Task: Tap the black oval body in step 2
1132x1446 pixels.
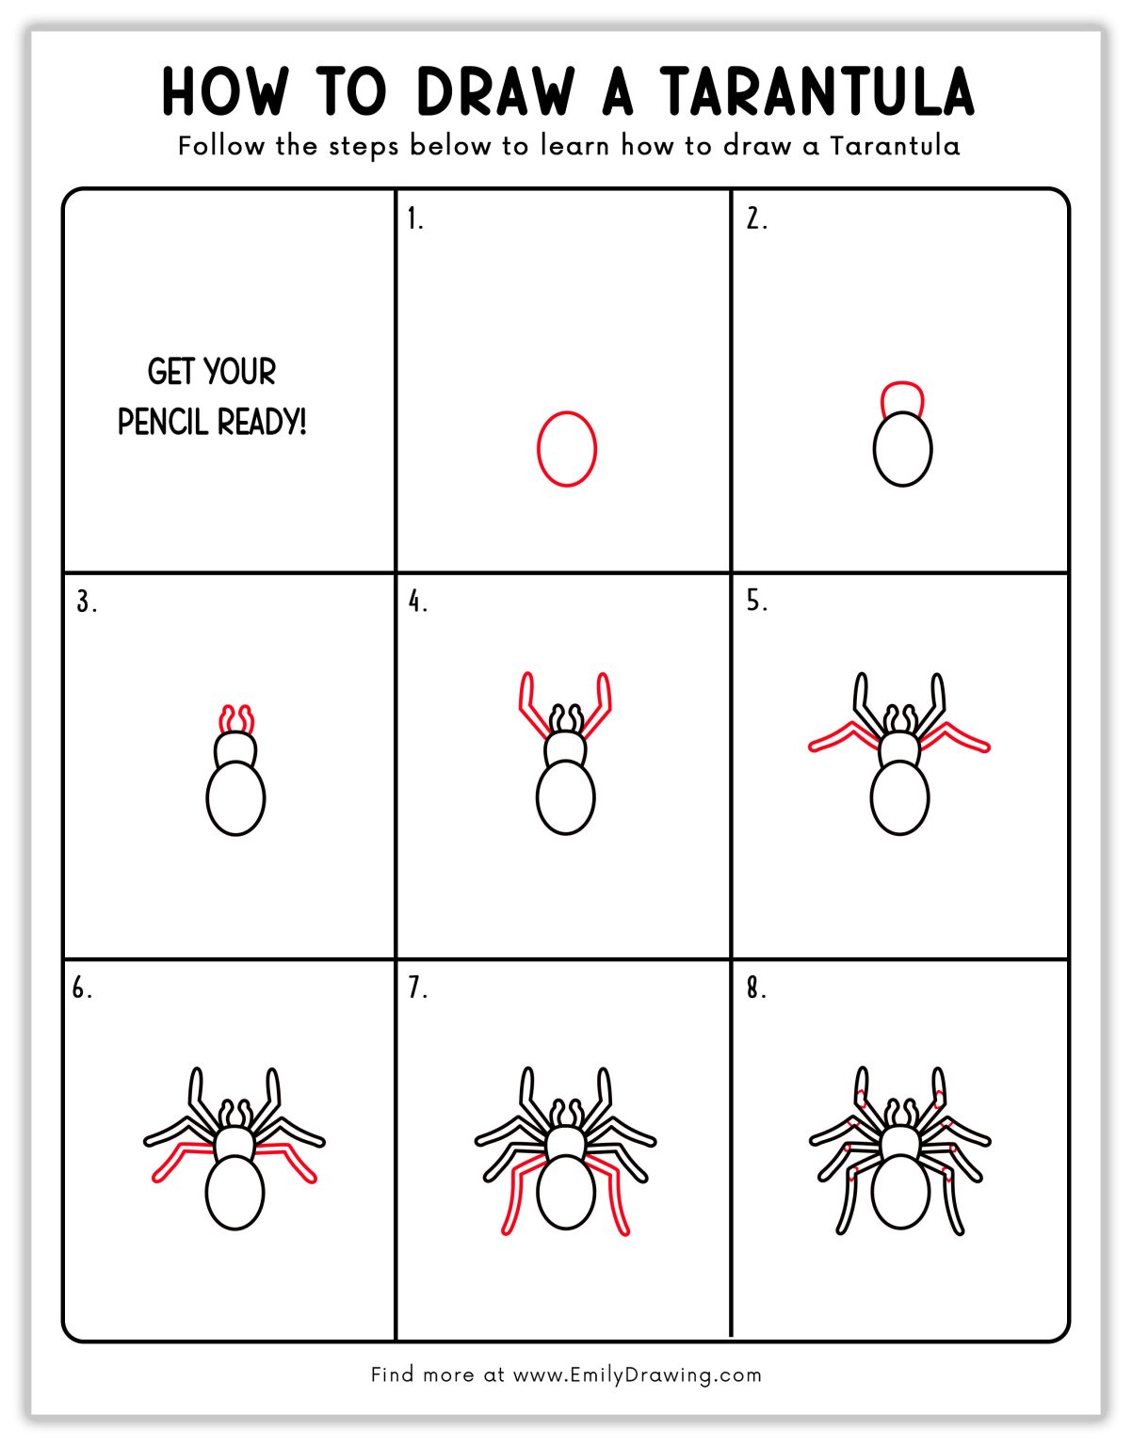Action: (x=902, y=450)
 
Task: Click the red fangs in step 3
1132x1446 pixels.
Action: (x=236, y=719)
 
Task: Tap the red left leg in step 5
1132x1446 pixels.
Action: (x=843, y=735)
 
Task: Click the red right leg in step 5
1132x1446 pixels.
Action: (x=956, y=735)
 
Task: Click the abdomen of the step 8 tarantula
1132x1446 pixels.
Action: (x=900, y=1191)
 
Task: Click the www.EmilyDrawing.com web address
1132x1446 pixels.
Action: (x=637, y=1374)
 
